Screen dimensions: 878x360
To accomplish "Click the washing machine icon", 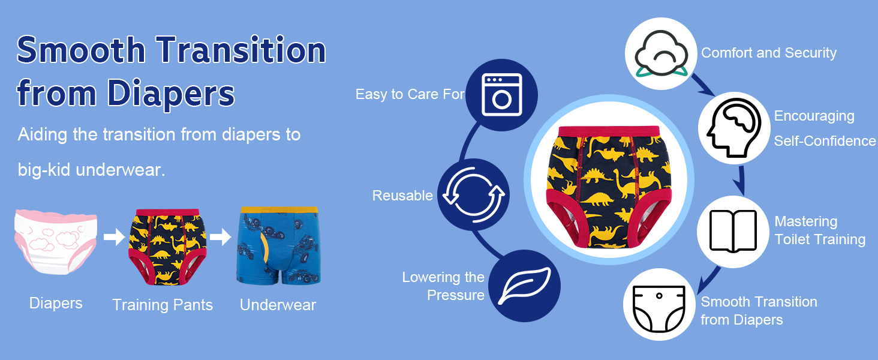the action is click(502, 95).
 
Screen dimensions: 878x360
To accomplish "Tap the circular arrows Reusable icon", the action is click(474, 194).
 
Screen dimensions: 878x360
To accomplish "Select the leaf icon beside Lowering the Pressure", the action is click(524, 286).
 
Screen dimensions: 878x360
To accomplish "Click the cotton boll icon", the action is click(661, 53).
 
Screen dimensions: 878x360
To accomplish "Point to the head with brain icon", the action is click(733, 128).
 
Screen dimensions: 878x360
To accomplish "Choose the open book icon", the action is click(733, 232).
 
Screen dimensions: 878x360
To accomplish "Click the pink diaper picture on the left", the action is click(56, 242).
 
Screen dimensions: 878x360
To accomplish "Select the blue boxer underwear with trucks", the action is click(279, 245).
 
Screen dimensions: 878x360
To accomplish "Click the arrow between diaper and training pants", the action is click(114, 236).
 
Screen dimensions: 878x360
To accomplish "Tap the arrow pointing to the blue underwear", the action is click(221, 236).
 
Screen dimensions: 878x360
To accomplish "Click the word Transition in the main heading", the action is click(241, 50).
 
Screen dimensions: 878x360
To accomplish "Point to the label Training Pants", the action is click(163, 305).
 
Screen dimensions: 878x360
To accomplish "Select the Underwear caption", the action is click(278, 305).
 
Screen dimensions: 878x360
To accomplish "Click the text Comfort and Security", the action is click(769, 53).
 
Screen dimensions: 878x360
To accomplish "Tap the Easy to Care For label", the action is click(410, 94).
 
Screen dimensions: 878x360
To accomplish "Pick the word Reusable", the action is click(402, 195).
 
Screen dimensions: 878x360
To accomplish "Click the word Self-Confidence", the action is click(825, 141).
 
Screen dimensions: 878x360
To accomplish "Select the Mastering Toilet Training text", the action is click(820, 230).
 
